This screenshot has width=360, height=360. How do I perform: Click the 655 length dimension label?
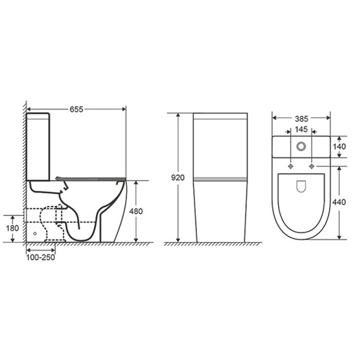tap(76, 109)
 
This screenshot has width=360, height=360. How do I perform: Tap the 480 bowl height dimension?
tap(136, 211)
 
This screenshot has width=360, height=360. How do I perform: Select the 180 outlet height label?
tap(13, 228)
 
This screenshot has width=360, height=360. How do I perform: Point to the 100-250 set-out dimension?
tap(40, 258)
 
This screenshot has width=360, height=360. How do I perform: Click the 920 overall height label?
tap(178, 177)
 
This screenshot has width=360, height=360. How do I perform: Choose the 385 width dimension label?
tap(301, 119)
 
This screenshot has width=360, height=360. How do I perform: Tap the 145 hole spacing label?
tap(301, 129)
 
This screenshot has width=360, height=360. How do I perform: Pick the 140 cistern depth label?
tap(339, 147)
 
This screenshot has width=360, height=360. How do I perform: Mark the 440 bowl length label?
tap(339, 202)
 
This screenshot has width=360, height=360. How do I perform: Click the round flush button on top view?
tap(301, 147)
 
